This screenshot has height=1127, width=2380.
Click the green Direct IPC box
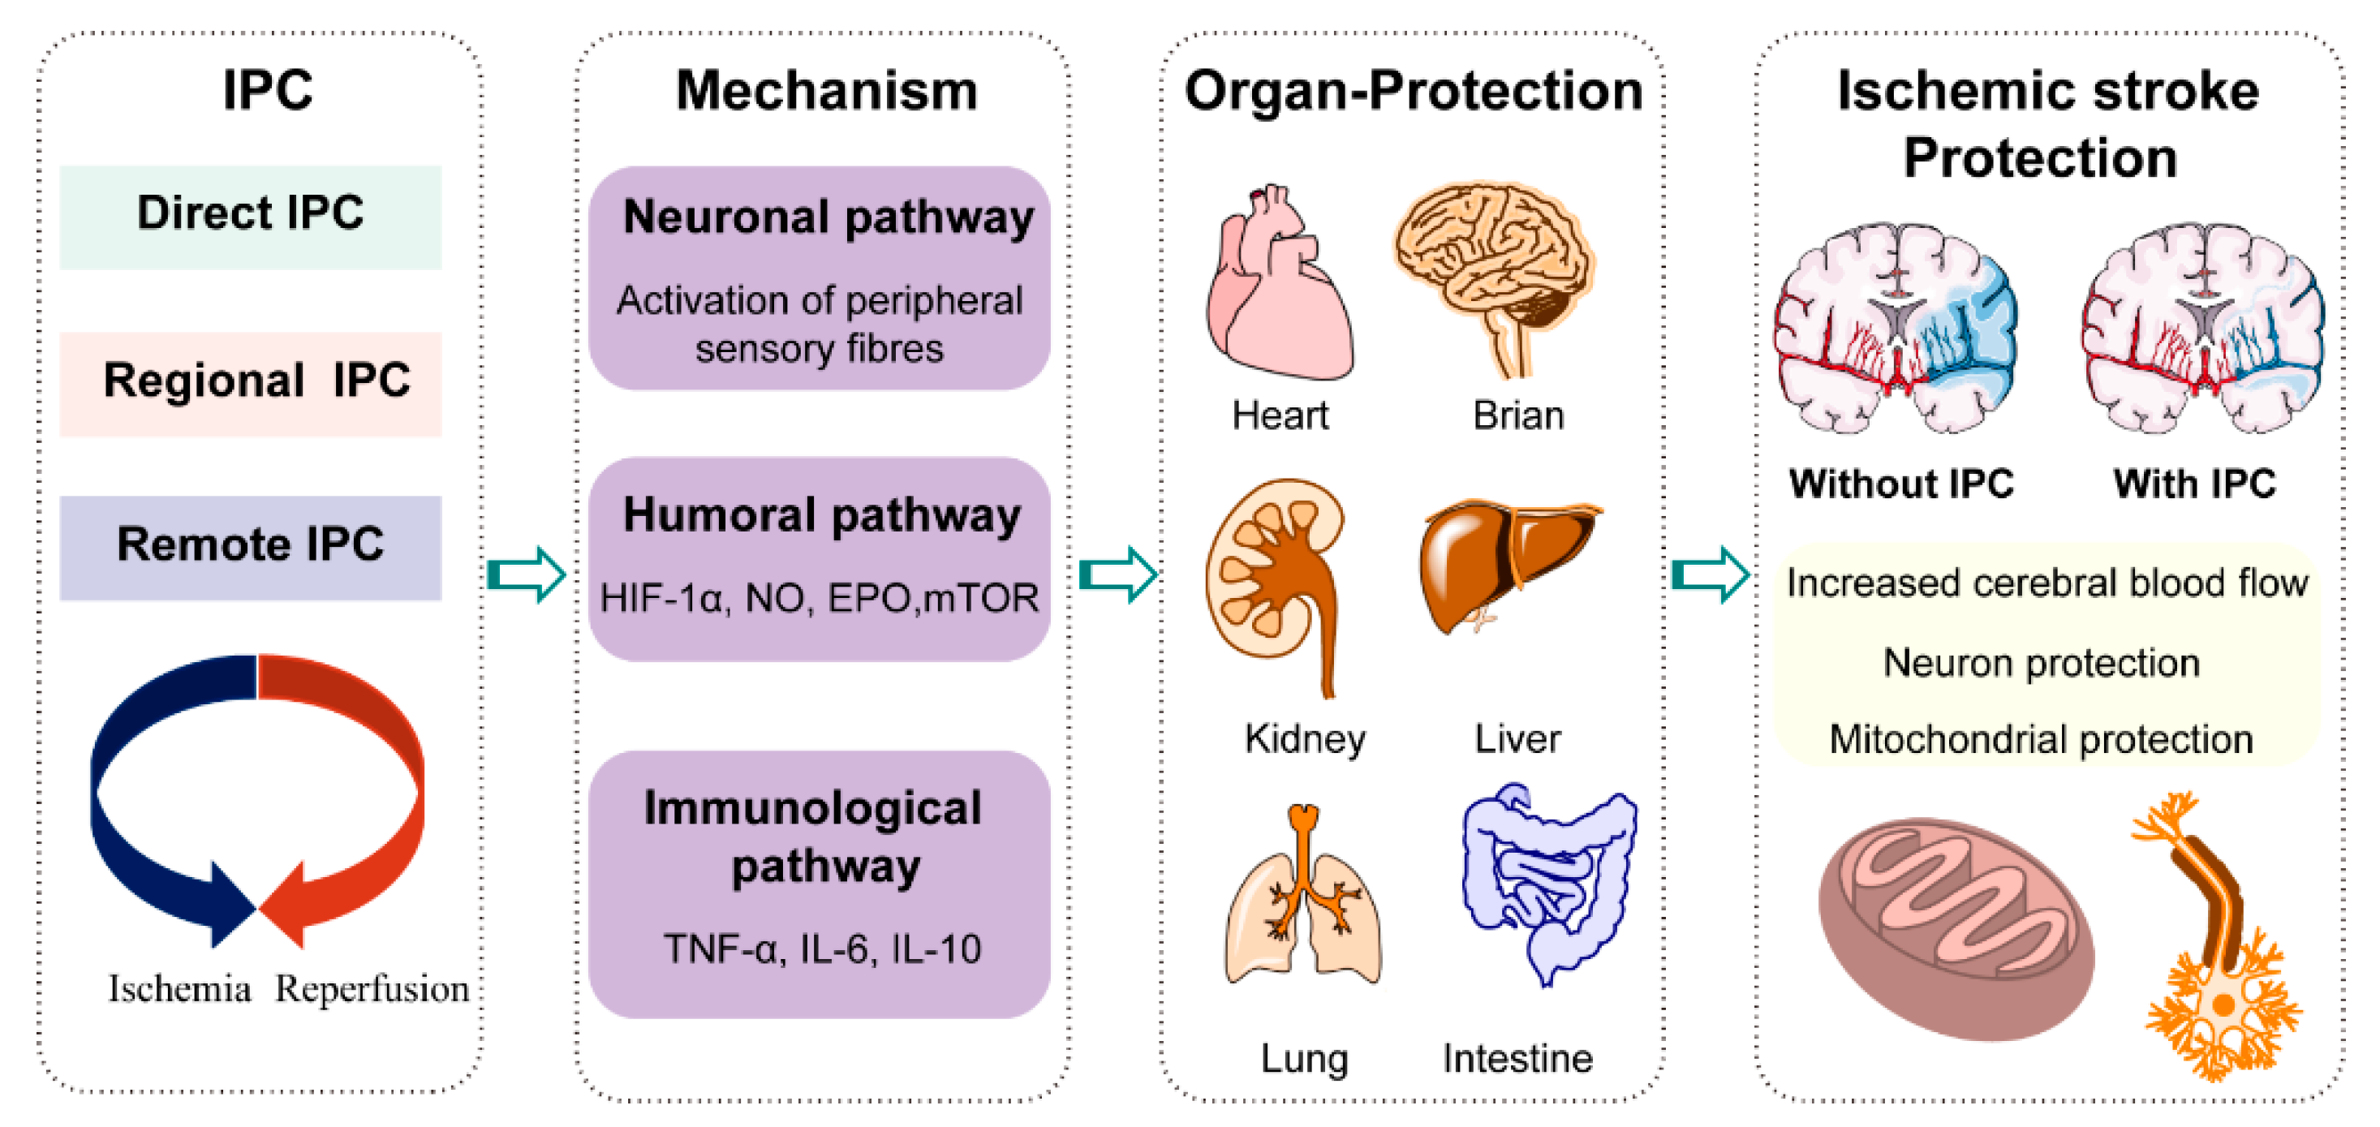point(251,217)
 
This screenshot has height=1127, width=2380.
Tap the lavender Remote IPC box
point(251,547)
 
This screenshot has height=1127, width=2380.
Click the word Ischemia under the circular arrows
point(179,988)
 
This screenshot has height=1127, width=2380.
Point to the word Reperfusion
point(372,988)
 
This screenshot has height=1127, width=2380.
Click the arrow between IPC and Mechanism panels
point(527,574)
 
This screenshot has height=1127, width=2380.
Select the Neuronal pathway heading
point(828,218)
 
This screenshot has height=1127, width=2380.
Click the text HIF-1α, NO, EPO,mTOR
point(819,599)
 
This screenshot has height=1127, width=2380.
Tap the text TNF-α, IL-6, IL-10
point(821,948)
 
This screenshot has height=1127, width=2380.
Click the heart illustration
point(1278,286)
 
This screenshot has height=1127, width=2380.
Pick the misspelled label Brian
point(1517,415)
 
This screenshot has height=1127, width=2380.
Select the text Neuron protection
point(2041,663)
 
